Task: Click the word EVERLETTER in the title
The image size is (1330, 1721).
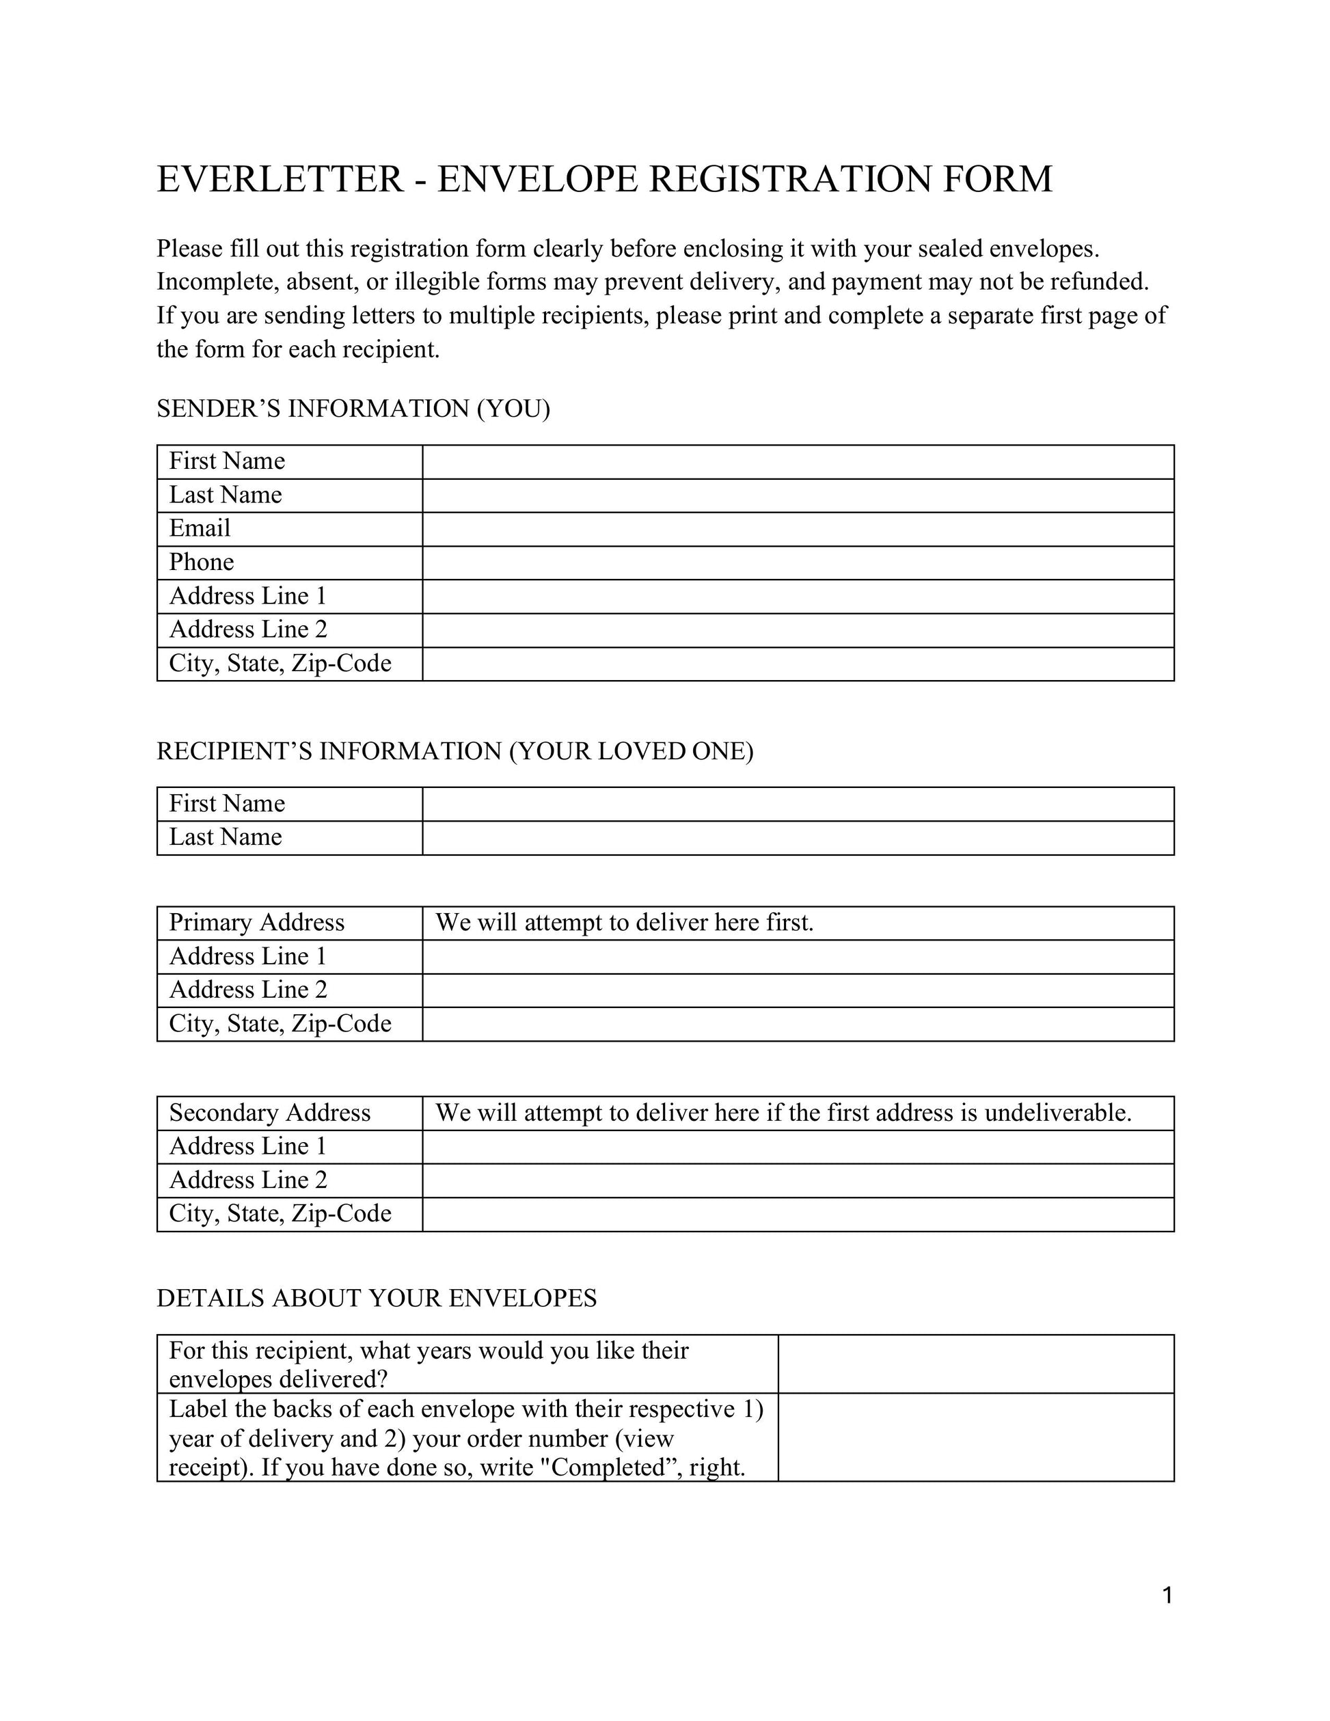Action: point(280,179)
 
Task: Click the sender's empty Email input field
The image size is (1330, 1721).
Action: point(798,529)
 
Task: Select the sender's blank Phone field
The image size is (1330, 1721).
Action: point(798,563)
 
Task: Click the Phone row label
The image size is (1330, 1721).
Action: point(202,563)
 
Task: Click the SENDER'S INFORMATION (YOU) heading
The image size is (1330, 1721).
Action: point(353,409)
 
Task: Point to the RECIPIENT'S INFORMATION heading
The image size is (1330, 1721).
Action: point(454,751)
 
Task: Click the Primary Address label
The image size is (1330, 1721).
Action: point(257,923)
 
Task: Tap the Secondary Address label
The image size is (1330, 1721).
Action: point(269,1113)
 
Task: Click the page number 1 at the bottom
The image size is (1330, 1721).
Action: point(1167,1596)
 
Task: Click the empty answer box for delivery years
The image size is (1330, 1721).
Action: point(975,1364)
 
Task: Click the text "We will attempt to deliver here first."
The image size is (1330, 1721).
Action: point(624,923)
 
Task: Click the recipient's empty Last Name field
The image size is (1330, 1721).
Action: point(798,838)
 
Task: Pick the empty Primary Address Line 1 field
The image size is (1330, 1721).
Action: point(798,957)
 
